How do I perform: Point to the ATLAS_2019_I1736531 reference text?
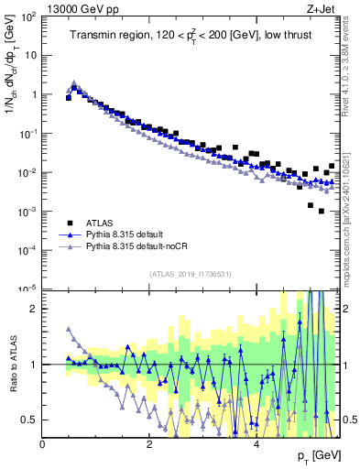(191, 274)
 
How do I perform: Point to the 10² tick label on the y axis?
(30, 16)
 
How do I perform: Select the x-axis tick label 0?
(43, 443)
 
